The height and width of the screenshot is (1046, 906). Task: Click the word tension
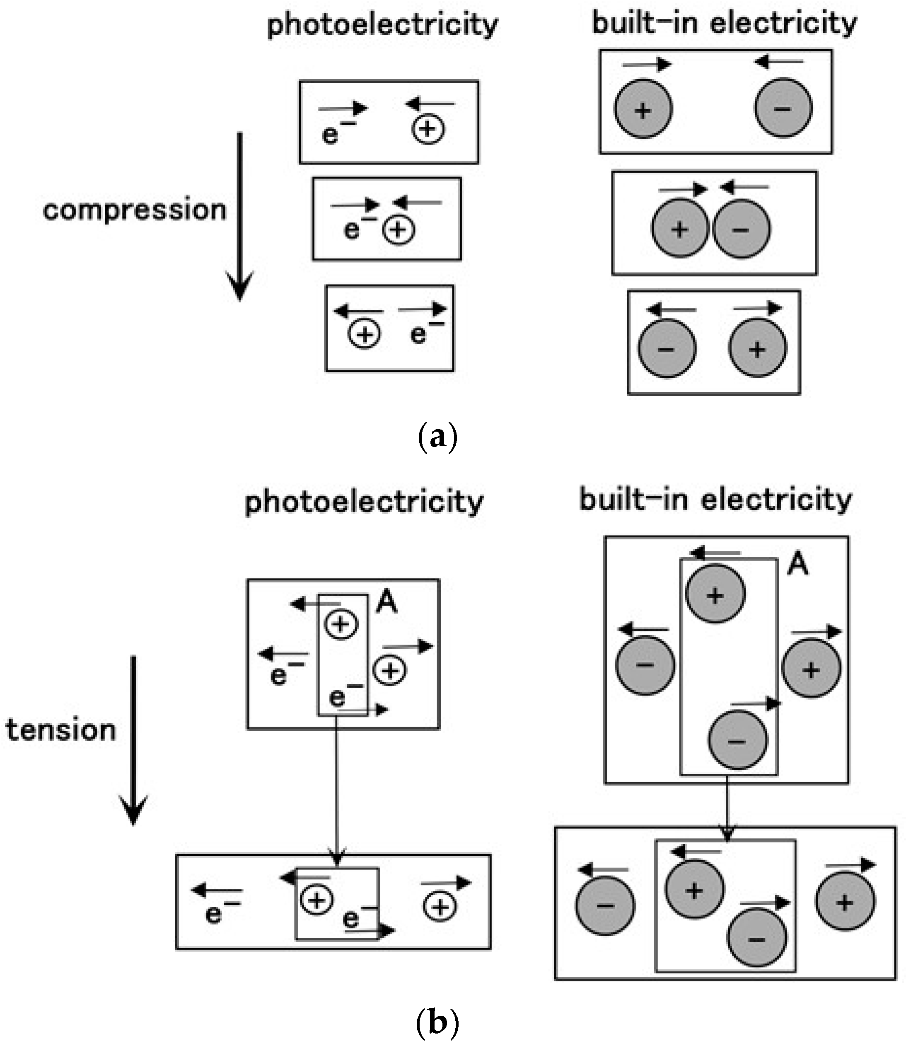coord(60,730)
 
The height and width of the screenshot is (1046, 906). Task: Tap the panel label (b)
coord(438,1023)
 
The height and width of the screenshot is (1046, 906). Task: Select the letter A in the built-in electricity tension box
coord(798,564)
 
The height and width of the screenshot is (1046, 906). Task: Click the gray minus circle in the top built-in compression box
coord(783,108)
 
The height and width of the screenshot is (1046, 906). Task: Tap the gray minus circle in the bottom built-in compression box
coord(667,349)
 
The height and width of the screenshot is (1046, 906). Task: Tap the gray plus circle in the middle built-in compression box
coord(680,229)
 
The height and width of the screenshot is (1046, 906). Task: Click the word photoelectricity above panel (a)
coord(382,24)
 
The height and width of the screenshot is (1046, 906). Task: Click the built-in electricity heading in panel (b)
coord(715,500)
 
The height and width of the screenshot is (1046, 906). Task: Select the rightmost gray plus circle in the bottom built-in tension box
coord(845,902)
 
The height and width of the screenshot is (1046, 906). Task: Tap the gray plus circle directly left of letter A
coord(715,594)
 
